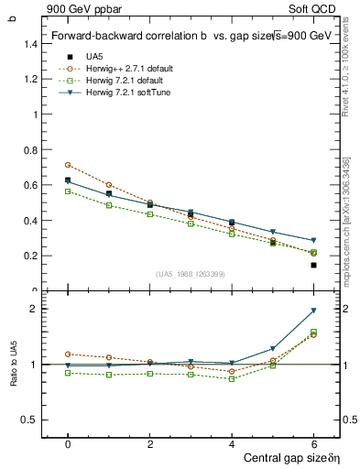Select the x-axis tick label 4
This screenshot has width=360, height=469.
click(x=232, y=444)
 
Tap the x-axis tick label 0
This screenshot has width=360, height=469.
click(x=68, y=444)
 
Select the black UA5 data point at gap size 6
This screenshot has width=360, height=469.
click(x=313, y=265)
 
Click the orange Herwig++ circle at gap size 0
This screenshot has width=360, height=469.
click(x=68, y=165)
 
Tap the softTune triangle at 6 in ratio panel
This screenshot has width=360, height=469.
click(x=313, y=311)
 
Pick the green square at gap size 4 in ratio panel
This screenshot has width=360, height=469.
click(x=232, y=378)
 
